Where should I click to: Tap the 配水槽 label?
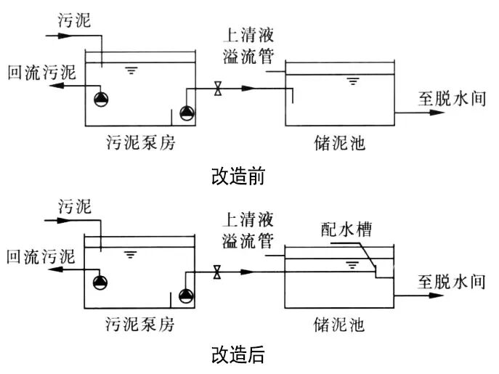[x=346, y=230]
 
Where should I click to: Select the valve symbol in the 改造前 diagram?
[x=217, y=90]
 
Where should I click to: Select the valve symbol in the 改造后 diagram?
[x=217, y=272]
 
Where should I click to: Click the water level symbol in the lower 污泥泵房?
[x=131, y=254]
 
